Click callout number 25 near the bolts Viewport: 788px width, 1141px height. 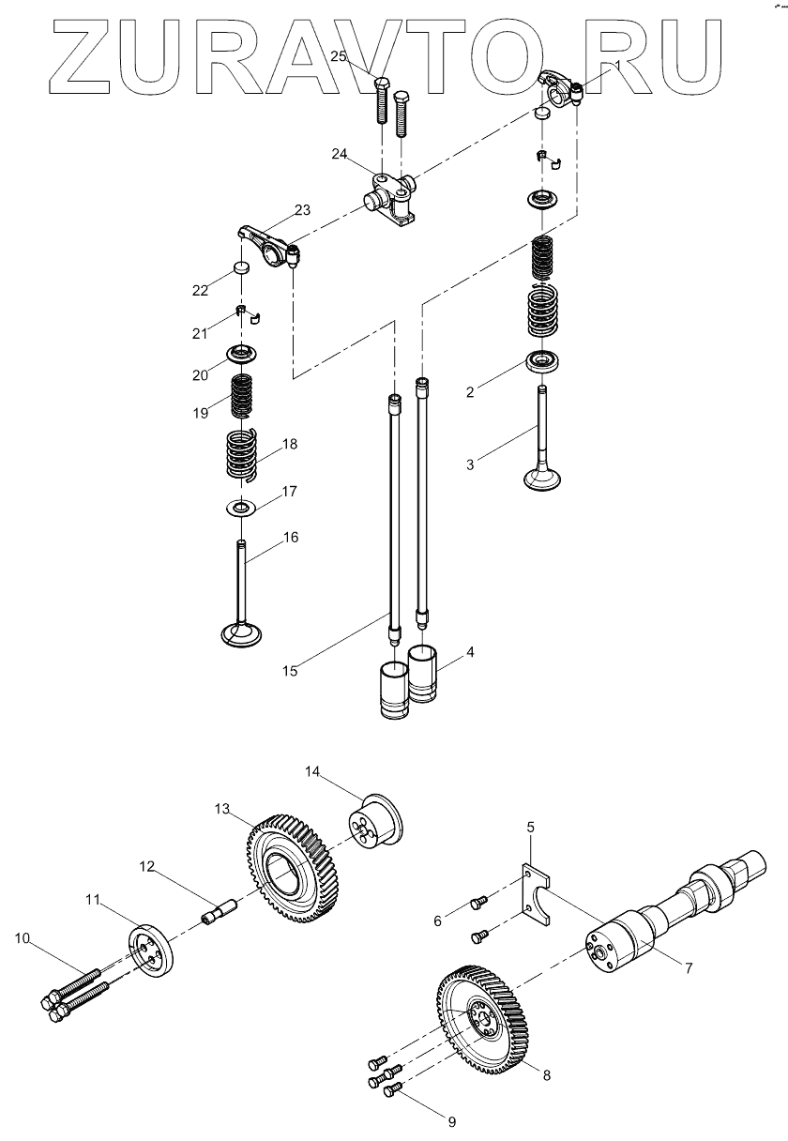tap(339, 56)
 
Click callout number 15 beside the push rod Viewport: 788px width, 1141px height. tap(290, 670)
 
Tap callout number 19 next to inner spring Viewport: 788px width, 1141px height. tap(200, 412)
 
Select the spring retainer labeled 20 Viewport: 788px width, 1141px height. tap(242, 355)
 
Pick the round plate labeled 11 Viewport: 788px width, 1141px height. tap(149, 951)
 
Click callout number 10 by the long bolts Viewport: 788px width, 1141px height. tap(21, 937)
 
